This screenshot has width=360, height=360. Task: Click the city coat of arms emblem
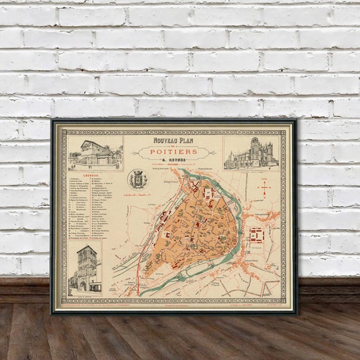138,179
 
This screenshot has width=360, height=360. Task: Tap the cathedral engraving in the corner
251,153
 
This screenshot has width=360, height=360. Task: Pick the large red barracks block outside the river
258,235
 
